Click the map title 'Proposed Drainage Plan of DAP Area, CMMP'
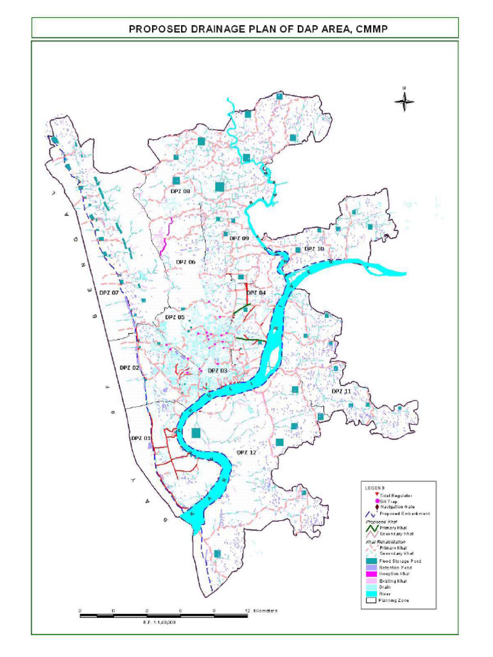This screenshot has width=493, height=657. (x=246, y=29)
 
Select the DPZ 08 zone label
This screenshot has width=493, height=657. (x=180, y=191)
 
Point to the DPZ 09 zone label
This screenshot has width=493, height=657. (x=239, y=238)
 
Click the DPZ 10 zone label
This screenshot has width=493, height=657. (x=314, y=248)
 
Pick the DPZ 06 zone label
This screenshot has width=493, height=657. (x=186, y=262)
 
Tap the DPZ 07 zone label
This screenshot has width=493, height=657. (x=108, y=292)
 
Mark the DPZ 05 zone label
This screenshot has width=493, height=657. (x=175, y=317)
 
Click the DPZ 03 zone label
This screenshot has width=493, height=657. (x=217, y=371)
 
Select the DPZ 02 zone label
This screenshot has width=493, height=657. (x=129, y=368)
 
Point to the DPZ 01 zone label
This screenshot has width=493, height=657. (x=141, y=438)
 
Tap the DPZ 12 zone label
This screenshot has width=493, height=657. (x=246, y=452)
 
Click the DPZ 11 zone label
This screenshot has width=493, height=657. (x=341, y=391)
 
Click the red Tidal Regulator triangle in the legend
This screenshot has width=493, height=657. (x=376, y=495)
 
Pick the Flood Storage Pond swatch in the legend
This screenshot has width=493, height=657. (x=370, y=561)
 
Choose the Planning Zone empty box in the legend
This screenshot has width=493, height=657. (x=370, y=601)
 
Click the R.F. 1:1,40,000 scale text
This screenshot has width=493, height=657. (x=159, y=622)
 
